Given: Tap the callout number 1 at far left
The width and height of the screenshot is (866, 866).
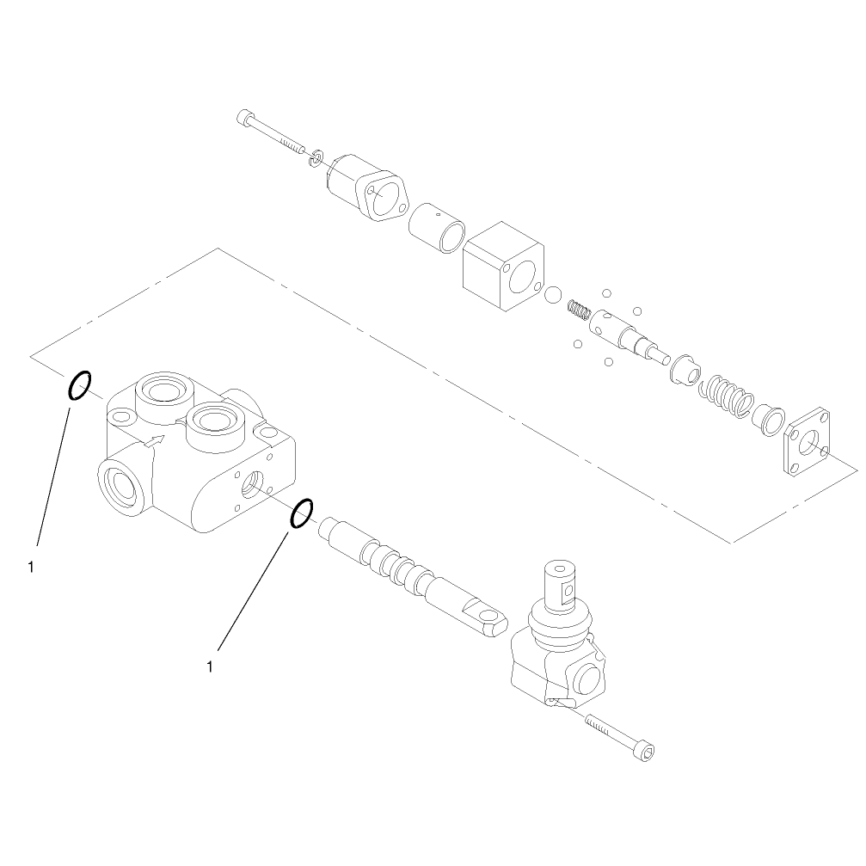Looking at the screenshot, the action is tap(31, 568).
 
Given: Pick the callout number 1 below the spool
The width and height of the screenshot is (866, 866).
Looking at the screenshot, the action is tap(209, 667).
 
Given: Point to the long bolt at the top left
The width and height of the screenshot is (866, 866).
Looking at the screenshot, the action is tap(271, 132).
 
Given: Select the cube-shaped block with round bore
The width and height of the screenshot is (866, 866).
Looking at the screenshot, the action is tap(503, 266).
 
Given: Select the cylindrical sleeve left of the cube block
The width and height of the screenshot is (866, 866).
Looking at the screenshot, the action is tap(437, 228).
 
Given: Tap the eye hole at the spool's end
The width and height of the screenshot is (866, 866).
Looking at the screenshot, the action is tap(487, 615).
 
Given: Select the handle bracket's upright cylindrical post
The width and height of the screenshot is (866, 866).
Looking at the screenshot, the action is tap(561, 587).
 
